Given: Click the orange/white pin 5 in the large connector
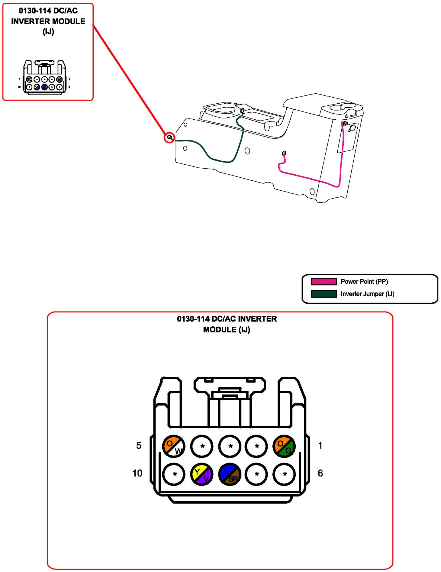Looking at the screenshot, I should [x=174, y=446].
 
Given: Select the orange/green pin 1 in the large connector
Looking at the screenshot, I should [x=284, y=446].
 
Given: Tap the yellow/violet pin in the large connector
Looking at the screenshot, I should [x=202, y=474].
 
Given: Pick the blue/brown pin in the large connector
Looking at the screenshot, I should [x=230, y=474].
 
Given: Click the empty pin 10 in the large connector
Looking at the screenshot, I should [x=174, y=474].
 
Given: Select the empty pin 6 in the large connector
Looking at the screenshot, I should [x=284, y=474].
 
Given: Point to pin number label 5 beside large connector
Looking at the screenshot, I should [x=139, y=445].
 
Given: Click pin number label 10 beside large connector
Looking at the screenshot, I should [x=137, y=473].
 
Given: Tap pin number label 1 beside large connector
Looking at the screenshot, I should [x=320, y=445].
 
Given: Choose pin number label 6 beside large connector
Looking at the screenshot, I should [x=320, y=473].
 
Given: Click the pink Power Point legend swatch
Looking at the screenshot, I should [x=324, y=281].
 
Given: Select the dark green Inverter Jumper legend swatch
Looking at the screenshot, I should [x=324, y=294].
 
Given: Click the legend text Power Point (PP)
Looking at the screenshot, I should [x=364, y=282].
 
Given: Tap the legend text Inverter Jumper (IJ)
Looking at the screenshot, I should [x=367, y=294].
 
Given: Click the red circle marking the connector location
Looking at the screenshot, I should [x=169, y=138].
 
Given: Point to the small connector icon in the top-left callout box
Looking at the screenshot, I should [x=44, y=77].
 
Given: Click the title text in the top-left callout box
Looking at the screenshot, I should [x=48, y=21].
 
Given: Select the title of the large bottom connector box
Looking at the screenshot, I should [x=227, y=324].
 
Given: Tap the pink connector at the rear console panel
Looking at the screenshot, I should [x=344, y=123].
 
